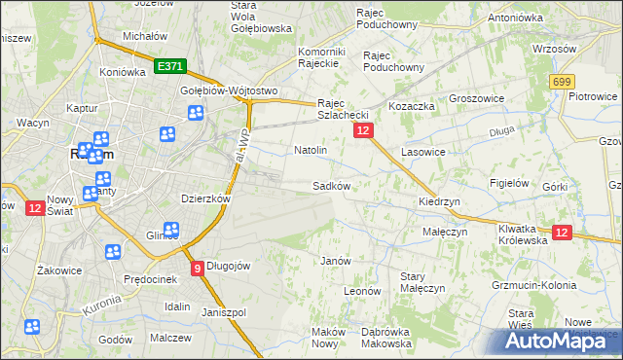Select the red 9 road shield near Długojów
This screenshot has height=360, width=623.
pos(197,269)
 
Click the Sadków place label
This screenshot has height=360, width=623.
pos(330,185)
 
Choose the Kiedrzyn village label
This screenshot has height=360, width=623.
pos(438,201)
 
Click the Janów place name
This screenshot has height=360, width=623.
pos(335,261)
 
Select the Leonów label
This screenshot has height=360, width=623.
pos(361,290)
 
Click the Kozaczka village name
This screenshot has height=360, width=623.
pos(410,104)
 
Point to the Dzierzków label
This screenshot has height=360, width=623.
pos(205,198)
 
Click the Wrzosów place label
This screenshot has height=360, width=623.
pos(556,48)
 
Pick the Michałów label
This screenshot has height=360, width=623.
pos(140,36)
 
